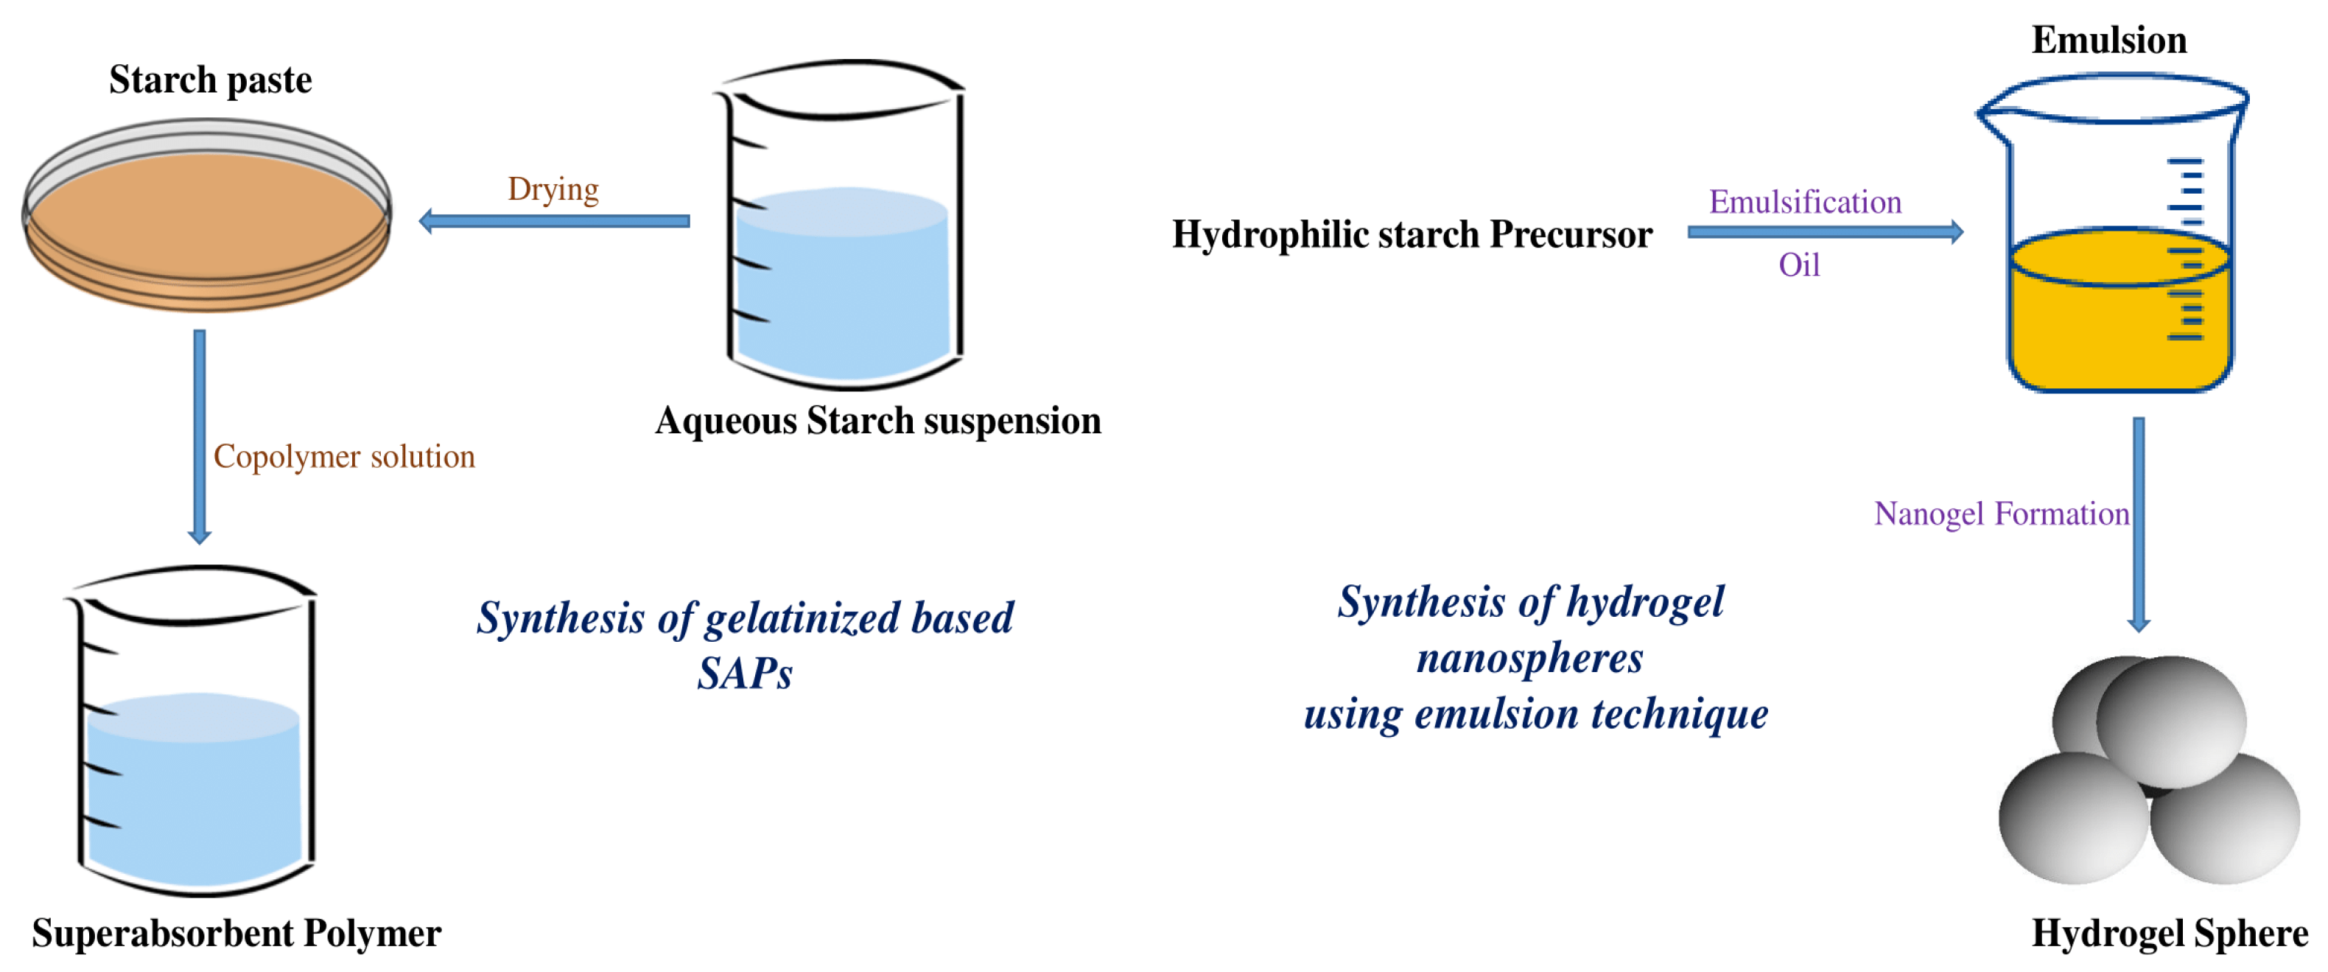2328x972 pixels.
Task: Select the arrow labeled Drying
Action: point(554,220)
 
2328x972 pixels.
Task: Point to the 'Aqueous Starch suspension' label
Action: point(878,422)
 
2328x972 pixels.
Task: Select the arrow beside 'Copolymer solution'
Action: point(200,437)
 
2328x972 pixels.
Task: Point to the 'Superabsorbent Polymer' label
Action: point(236,933)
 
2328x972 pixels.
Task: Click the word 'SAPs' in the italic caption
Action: point(745,674)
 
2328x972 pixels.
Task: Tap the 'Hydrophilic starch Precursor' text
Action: point(1412,235)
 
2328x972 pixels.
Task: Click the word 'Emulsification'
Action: point(1806,202)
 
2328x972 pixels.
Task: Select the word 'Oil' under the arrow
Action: point(1799,265)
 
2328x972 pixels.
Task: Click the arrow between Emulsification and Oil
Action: point(1826,232)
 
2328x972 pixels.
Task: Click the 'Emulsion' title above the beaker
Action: point(2109,41)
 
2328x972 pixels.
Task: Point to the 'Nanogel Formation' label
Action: point(2002,514)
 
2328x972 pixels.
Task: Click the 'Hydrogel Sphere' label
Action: point(2170,933)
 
